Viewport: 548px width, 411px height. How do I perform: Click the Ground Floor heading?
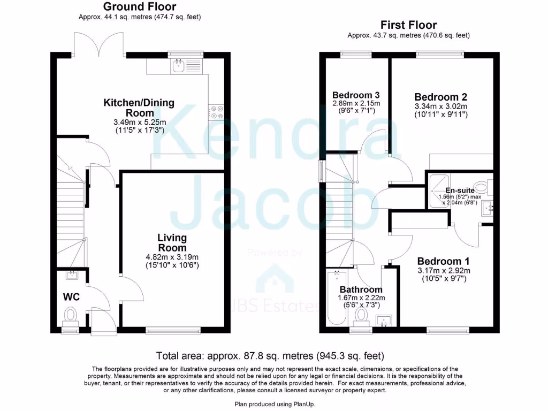click(139, 7)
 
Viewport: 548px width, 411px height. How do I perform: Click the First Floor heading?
click(408, 25)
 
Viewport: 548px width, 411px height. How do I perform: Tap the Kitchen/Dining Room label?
click(139, 108)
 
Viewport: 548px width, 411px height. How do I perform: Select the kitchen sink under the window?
click(178, 66)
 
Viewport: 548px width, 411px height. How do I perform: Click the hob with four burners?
click(216, 111)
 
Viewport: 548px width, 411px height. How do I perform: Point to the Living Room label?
click(172, 242)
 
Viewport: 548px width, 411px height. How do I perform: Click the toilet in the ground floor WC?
click(70, 315)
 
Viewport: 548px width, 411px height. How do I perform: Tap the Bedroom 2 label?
click(441, 97)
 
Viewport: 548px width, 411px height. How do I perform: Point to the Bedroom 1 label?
click(444, 261)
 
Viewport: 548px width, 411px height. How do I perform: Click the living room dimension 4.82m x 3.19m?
click(172, 256)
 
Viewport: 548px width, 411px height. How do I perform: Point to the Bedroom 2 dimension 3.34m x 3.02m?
click(441, 106)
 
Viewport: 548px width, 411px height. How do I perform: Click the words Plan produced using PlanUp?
click(273, 403)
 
